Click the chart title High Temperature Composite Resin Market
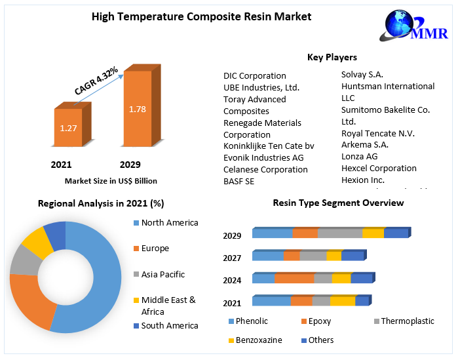pos(201,16)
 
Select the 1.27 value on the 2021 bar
pos(68,128)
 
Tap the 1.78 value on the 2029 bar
pos(138,109)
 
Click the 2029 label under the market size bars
pos(130,165)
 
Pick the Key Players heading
pos(332,58)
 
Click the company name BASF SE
pos(239,181)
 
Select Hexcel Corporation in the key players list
pos(379,168)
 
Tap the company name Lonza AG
pos(360,156)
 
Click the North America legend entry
pos(169,223)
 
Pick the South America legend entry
pos(169,325)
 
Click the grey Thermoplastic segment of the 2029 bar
pos(339,233)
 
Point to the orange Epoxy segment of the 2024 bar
pos(294,278)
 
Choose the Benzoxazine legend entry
pos(259,340)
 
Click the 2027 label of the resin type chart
pos(232,258)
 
